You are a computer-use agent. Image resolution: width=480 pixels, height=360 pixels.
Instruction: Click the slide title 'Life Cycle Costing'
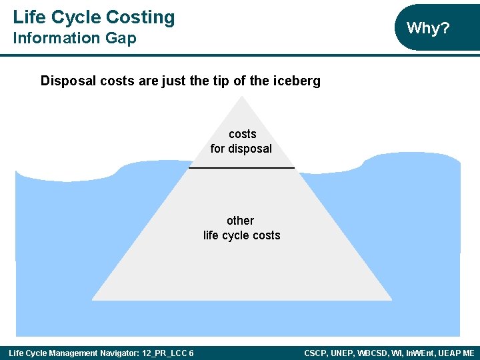[x=93, y=17]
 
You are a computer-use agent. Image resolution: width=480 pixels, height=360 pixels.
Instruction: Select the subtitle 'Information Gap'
[x=74, y=39]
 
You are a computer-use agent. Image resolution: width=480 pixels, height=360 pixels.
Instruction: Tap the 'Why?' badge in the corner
[x=428, y=28]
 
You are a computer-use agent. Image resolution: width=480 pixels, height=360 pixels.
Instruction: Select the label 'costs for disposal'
[x=241, y=141]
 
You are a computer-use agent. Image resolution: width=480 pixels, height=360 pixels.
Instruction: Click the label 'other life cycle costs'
[x=241, y=228]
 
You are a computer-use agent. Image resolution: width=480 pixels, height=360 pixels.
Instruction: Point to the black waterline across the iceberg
[x=241, y=167]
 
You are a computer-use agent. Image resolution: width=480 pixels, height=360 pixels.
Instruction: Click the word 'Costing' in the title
[x=142, y=17]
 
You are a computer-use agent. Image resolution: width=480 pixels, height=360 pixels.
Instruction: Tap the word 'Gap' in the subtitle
[x=123, y=39]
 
